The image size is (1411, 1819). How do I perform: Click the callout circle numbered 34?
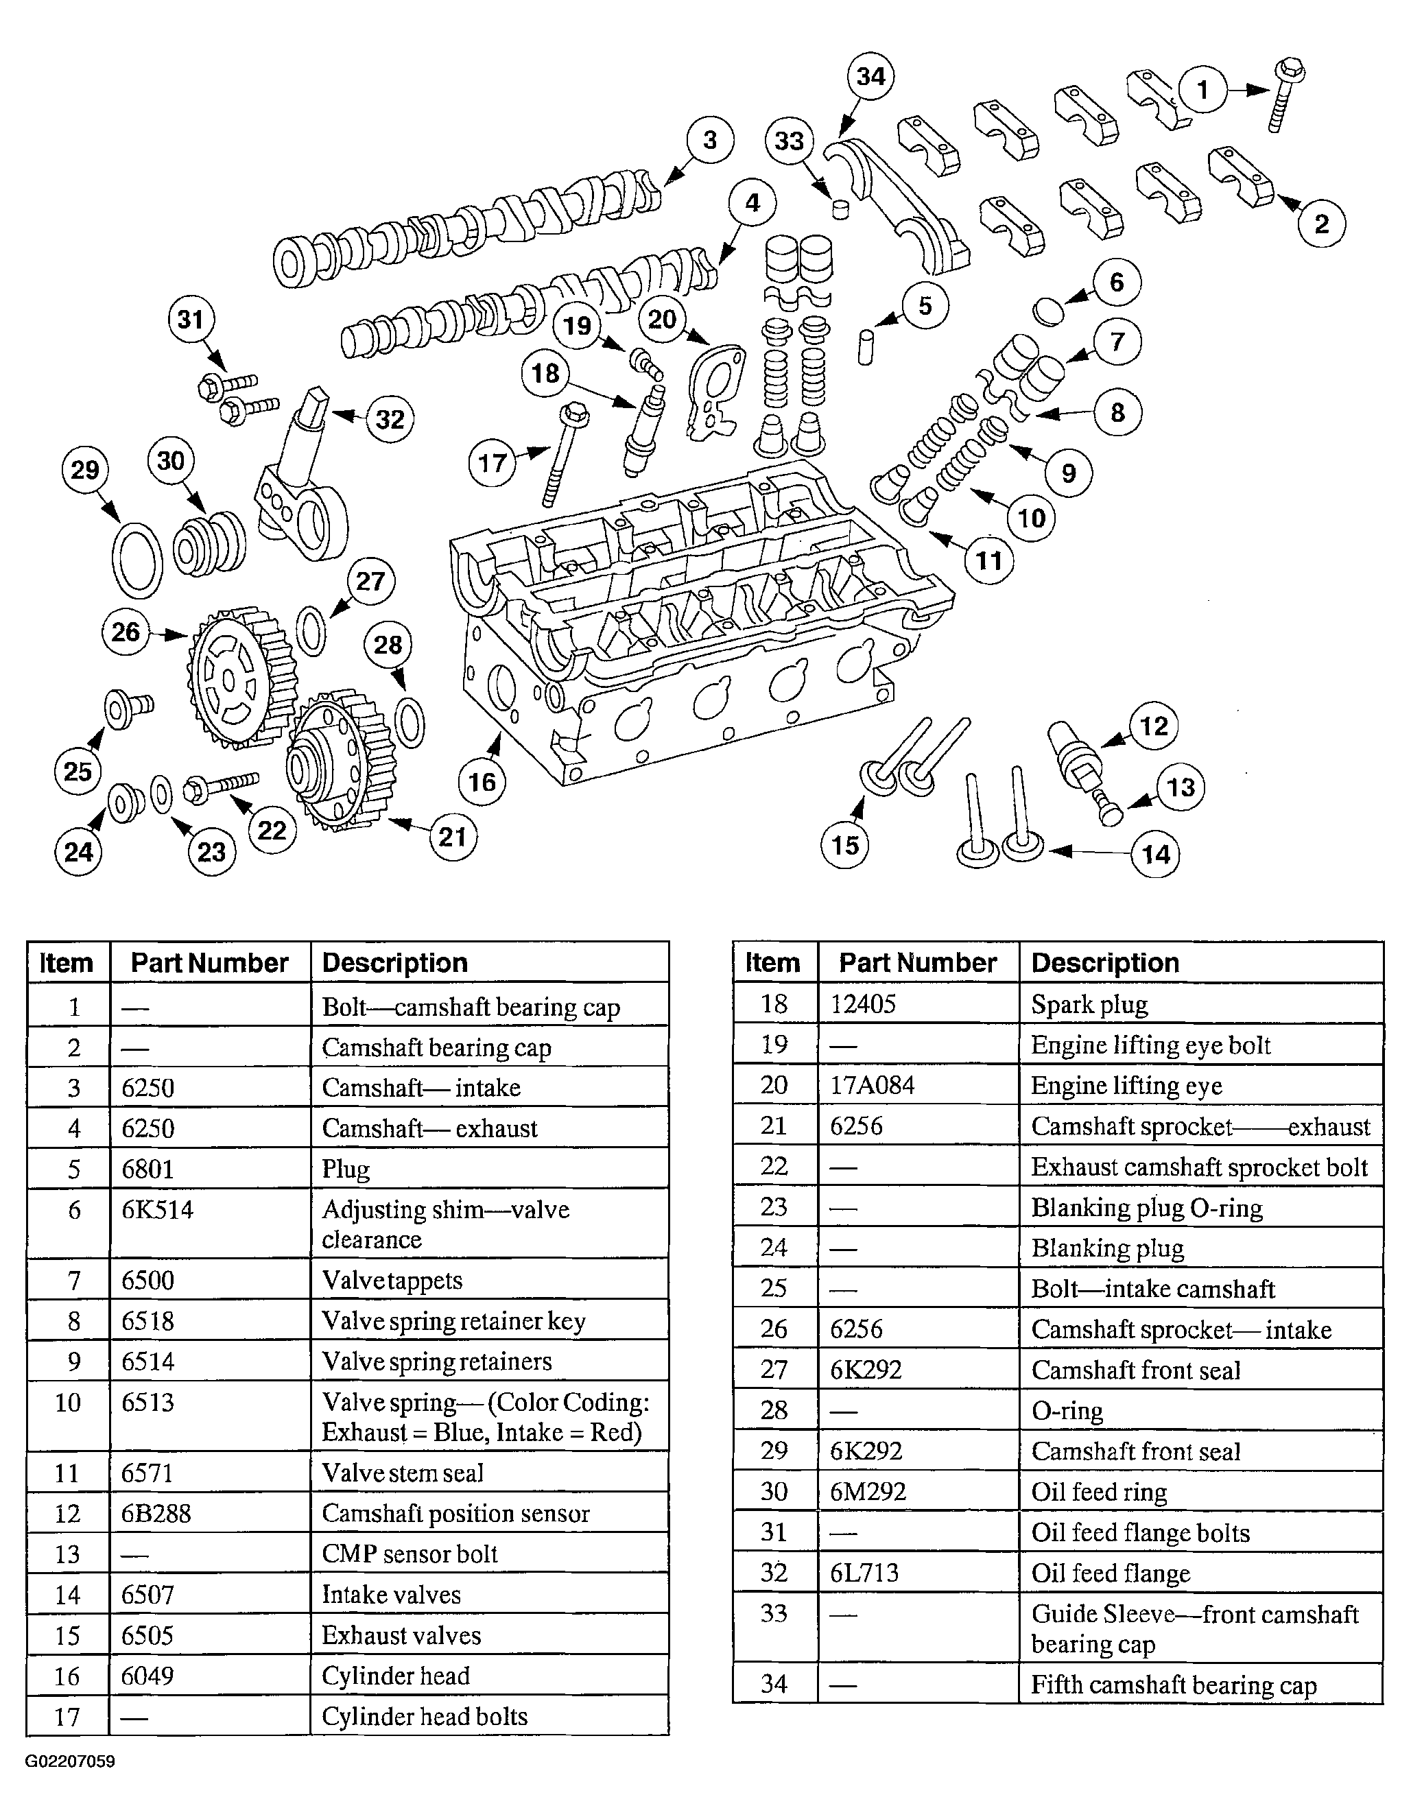pos(870,77)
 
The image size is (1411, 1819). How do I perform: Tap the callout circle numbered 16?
pos(482,781)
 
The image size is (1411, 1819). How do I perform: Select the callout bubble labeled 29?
pos(85,471)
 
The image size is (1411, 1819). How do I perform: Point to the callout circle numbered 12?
pos(1154,726)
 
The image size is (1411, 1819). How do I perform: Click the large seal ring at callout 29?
pos(137,560)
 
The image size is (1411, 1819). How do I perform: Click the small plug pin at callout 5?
pos(866,346)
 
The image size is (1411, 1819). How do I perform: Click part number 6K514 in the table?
pos(158,1209)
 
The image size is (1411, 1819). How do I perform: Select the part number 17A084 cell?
pos(872,1085)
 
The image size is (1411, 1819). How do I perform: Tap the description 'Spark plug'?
pos(1089,1004)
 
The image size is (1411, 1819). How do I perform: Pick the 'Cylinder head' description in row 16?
pos(396,1675)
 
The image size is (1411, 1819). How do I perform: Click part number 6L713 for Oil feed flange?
pos(864,1573)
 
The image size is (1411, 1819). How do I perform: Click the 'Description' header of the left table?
pos(395,963)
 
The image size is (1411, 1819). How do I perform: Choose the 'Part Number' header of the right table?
pos(917,963)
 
